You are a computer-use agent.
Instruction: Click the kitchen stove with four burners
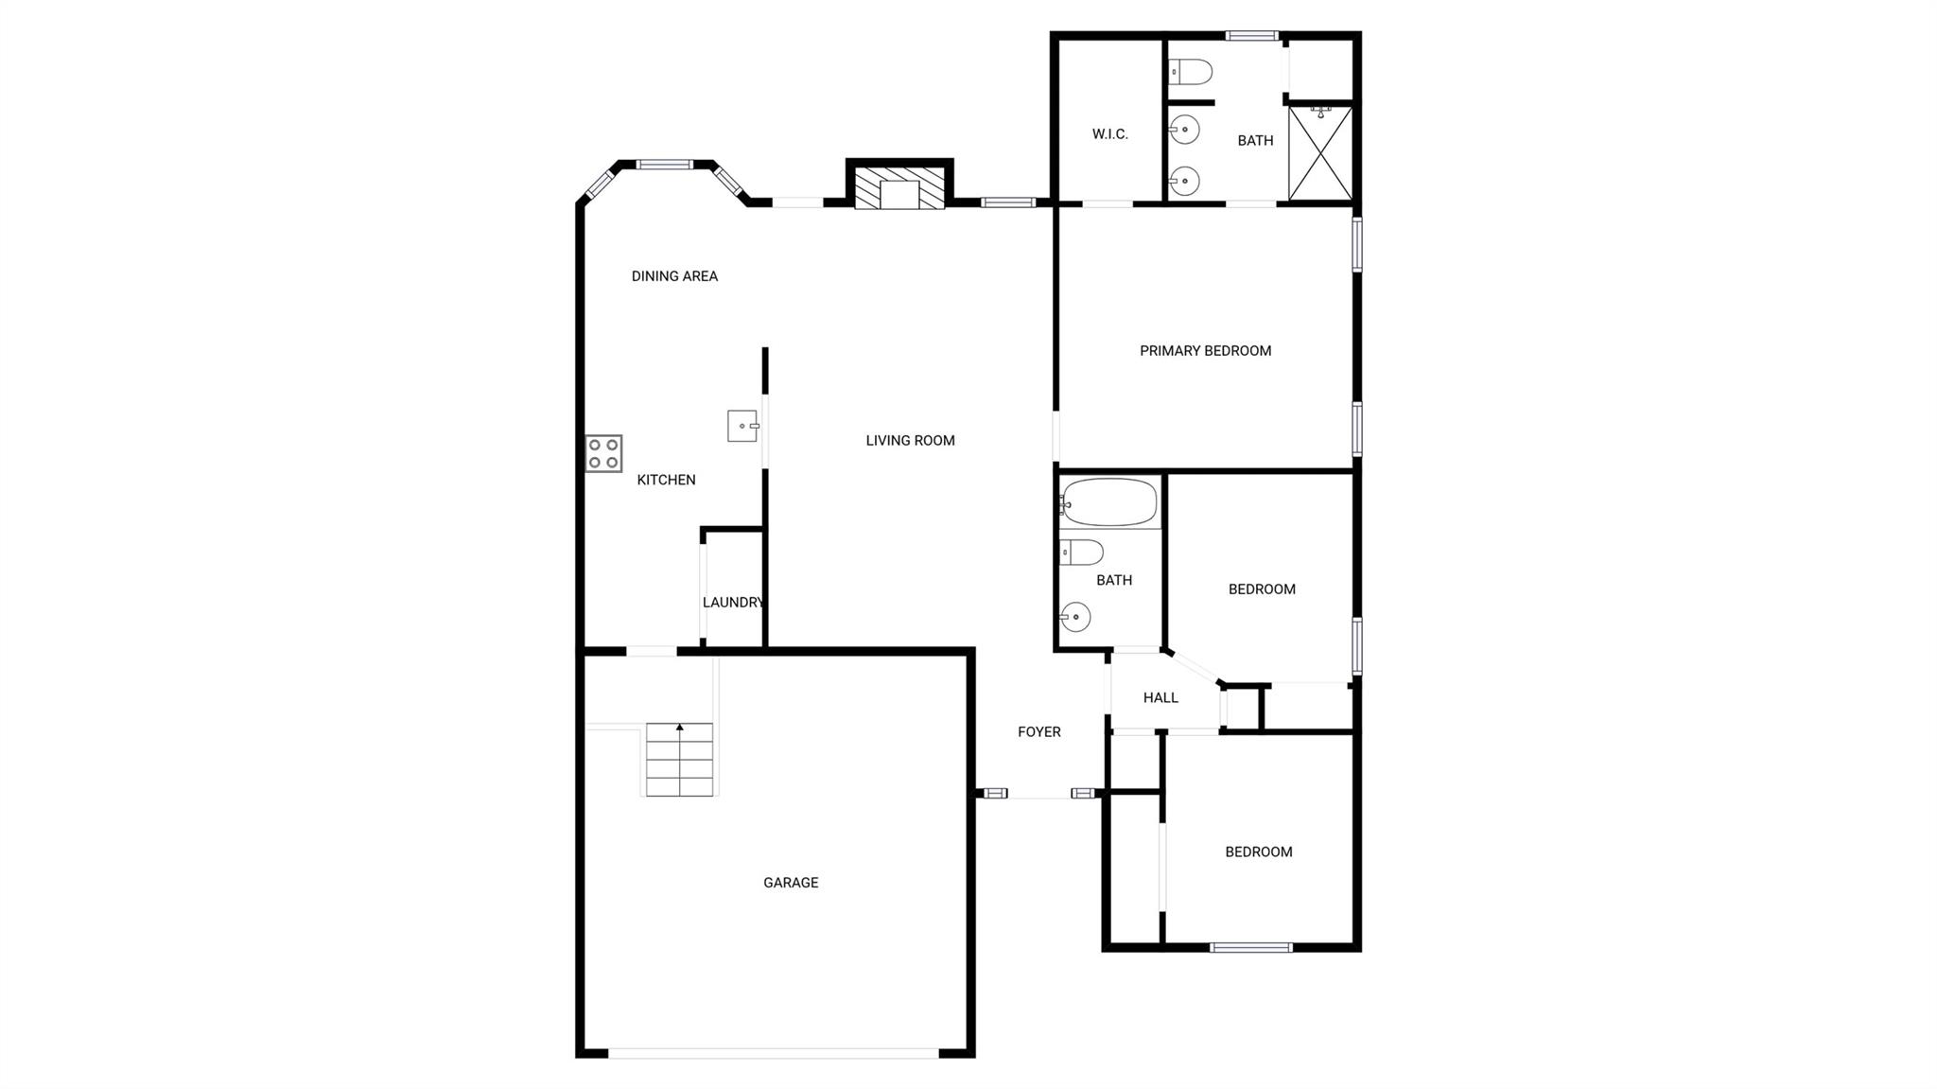coord(603,453)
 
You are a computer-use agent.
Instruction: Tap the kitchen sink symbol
coord(742,426)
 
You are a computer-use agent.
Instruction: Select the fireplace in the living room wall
coord(899,188)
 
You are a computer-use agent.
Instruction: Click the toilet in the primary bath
coord(1191,72)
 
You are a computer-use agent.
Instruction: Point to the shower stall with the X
coord(1321,152)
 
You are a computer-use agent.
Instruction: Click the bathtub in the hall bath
coord(1109,502)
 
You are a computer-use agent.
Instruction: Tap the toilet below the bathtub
coord(1081,552)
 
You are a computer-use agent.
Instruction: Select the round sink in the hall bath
coord(1075,617)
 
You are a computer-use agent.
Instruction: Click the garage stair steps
coord(679,760)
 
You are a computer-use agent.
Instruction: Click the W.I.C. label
coord(1110,134)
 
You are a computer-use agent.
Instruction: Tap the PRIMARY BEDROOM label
coord(1205,351)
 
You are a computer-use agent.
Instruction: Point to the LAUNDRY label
coord(733,603)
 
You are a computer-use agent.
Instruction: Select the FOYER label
coord(1039,731)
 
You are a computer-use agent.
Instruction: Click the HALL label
coord(1160,698)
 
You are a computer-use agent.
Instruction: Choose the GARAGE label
coord(791,883)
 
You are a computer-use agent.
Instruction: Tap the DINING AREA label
coord(674,276)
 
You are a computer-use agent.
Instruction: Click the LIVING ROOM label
coord(910,440)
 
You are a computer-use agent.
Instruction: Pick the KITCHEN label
coord(666,480)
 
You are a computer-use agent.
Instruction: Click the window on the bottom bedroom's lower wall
coord(1250,946)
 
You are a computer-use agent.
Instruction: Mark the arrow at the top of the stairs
coord(679,728)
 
